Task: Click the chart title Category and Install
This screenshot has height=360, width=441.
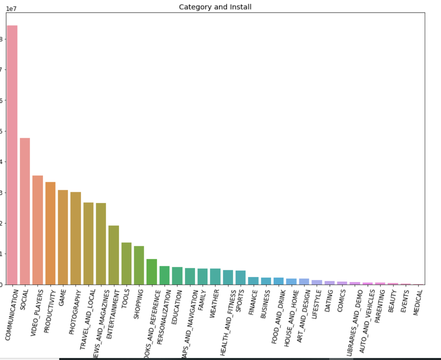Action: tap(215, 7)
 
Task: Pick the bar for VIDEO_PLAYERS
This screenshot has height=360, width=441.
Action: tap(38, 230)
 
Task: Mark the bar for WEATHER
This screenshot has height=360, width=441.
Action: tap(215, 277)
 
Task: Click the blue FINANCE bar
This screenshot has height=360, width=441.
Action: tap(253, 281)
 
